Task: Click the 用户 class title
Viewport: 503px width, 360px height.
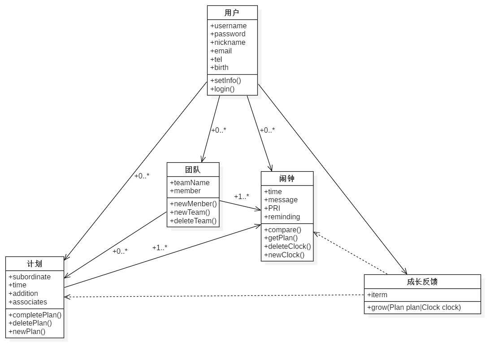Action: pos(232,13)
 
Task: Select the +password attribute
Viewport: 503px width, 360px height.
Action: pos(228,34)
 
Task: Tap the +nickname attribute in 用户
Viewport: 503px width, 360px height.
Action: pos(228,43)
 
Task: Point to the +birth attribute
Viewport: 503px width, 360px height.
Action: pos(219,68)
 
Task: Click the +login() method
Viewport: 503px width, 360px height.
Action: pos(222,89)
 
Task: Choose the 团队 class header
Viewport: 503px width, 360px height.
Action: pos(193,169)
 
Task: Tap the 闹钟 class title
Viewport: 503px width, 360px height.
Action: pos(287,178)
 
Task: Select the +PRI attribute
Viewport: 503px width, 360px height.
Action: pos(272,208)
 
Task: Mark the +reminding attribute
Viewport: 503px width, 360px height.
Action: pos(282,217)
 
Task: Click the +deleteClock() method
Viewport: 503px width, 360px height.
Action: pos(287,247)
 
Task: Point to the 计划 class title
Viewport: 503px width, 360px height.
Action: pos(35,264)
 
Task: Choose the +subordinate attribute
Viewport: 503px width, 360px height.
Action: pos(30,277)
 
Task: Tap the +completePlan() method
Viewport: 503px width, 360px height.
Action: pos(35,315)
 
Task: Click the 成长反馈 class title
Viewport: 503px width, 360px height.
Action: pos(422,282)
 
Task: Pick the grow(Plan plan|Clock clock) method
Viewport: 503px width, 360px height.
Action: pos(414,308)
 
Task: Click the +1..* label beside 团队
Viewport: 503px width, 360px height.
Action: pos(242,196)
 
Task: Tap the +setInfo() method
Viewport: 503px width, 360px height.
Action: pos(225,81)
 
